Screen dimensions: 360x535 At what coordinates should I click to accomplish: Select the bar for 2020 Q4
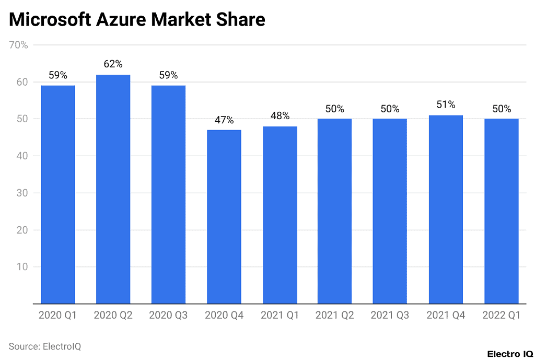(x=224, y=217)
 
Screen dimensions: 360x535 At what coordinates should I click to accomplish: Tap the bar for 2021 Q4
(x=446, y=210)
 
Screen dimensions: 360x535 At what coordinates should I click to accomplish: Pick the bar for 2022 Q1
(x=501, y=211)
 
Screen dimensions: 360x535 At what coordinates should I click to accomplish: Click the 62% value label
(x=113, y=64)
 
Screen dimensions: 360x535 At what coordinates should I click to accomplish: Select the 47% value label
(x=224, y=120)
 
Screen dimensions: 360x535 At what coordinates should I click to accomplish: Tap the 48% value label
(x=280, y=116)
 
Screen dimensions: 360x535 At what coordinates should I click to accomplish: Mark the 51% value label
(x=446, y=105)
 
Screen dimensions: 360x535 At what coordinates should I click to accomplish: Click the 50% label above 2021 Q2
(x=334, y=109)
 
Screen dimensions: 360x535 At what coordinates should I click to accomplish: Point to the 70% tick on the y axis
(x=19, y=45)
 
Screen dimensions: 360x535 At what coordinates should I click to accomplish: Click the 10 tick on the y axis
(x=22, y=267)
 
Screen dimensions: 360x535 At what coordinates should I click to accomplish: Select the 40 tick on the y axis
(x=22, y=156)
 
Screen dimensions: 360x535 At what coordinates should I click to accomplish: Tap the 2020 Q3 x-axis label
(x=168, y=316)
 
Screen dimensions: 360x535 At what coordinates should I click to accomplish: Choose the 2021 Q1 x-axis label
(x=280, y=316)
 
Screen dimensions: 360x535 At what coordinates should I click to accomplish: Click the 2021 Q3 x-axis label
(x=390, y=316)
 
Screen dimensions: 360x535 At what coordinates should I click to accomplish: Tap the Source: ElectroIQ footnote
(x=45, y=346)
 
